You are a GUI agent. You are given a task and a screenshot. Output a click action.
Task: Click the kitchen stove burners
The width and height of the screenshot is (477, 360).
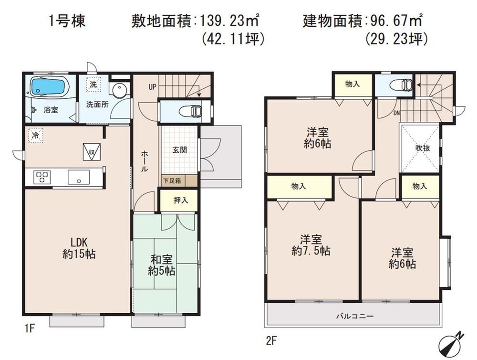click(x=42, y=177)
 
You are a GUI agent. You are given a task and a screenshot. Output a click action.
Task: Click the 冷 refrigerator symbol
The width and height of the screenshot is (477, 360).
click(x=35, y=135)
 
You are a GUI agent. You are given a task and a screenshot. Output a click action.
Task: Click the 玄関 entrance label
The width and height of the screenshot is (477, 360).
click(x=179, y=149)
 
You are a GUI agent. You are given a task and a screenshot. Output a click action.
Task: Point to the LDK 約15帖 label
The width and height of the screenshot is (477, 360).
click(x=79, y=248)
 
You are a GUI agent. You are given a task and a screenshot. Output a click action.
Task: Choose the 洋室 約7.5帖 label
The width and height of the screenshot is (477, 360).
click(x=311, y=245)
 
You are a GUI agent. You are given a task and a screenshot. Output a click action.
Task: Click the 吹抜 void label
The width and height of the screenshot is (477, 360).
click(x=423, y=148)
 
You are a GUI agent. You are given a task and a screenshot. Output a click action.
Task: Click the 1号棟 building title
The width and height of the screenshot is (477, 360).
click(x=67, y=21)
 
